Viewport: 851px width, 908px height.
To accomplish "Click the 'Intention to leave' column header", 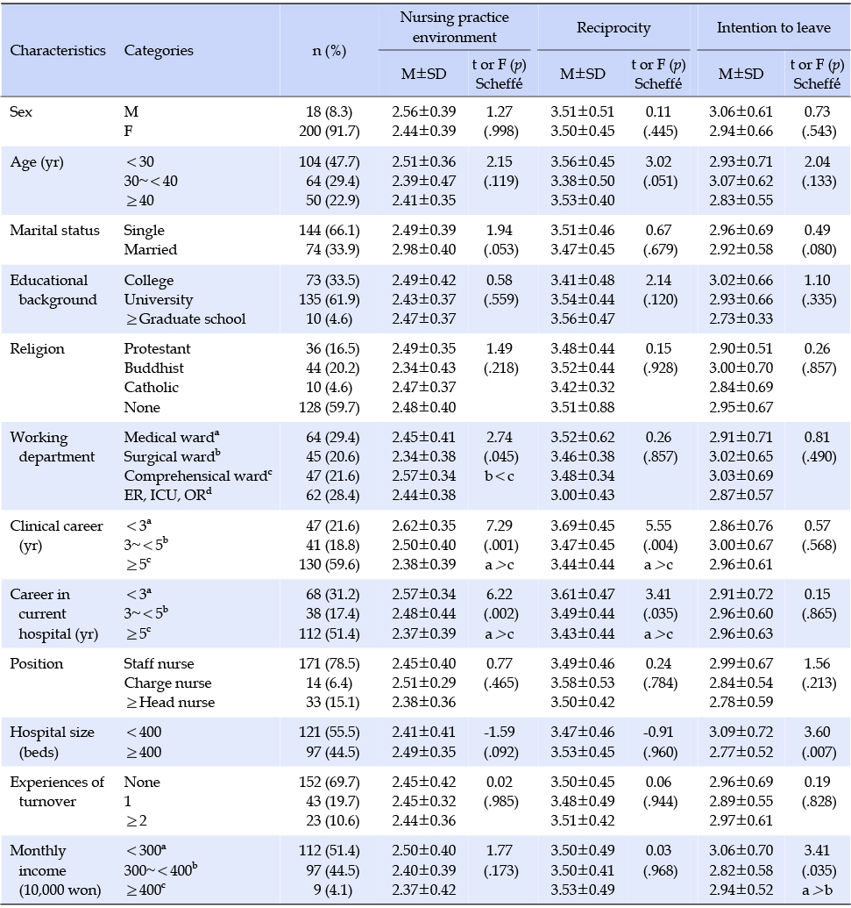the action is coord(774,27).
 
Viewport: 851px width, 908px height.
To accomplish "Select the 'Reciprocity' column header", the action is coord(613,27).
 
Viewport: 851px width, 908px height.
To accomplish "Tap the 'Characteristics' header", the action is coord(58,50).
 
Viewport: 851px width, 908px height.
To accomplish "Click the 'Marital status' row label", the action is coord(55,230).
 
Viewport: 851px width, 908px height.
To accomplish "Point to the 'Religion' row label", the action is coord(37,348).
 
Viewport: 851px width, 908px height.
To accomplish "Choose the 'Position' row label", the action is coord(37,663).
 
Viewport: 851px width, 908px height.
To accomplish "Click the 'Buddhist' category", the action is coord(154,368).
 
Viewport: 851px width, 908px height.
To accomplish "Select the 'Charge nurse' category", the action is coord(167,683).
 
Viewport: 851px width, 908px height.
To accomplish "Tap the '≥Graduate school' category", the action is coord(186,318).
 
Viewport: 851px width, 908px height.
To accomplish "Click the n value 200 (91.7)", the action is coord(330,131).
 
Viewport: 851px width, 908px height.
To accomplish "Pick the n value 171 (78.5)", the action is coord(330,663).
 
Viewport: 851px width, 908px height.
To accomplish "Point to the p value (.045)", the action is coord(501,456).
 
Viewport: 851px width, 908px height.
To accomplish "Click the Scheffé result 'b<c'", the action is coord(500,475).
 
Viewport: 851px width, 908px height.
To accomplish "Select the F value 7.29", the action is coord(500,525).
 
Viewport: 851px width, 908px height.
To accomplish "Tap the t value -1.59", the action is coord(500,732).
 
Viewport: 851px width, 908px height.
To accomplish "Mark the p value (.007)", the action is coord(819,752).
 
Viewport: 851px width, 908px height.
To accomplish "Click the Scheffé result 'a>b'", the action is coord(817,890).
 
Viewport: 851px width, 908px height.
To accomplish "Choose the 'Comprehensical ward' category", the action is coord(198,475).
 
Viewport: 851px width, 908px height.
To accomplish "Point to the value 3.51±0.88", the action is coord(583,407).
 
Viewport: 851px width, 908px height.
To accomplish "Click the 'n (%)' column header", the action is coord(330,50).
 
